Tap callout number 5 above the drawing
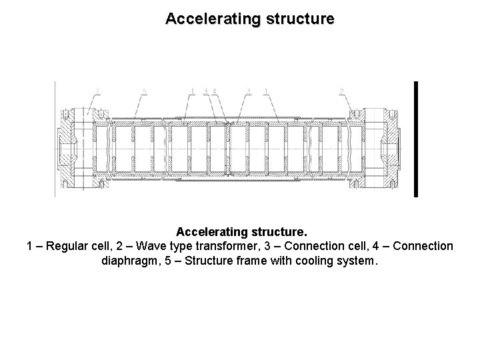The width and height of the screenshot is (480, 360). [x=145, y=91]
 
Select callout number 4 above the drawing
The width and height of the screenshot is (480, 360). [x=215, y=91]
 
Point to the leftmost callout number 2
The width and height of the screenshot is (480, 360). [x=98, y=91]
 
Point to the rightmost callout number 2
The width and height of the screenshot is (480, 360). [x=342, y=91]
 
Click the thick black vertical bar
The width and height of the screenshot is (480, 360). [x=415, y=139]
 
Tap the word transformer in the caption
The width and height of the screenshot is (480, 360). [x=225, y=247]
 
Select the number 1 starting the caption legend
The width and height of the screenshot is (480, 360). [x=30, y=247]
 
